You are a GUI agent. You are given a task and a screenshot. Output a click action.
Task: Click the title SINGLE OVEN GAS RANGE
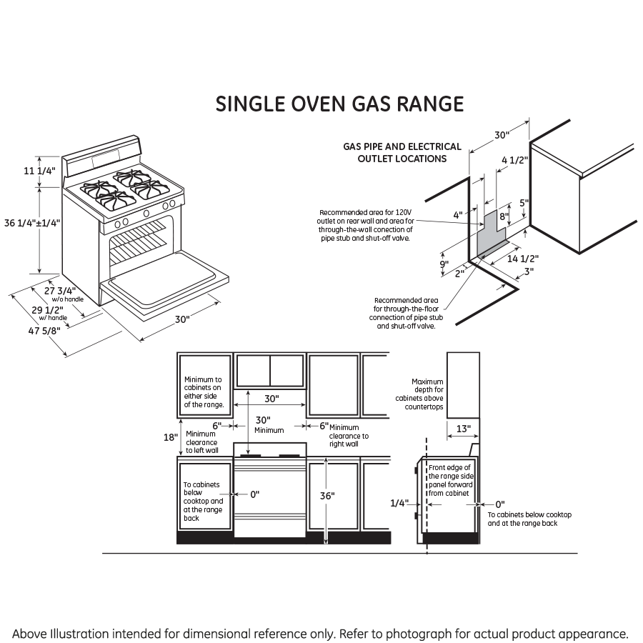pyautogui.click(x=339, y=104)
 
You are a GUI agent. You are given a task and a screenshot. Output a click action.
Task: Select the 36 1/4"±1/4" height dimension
pyautogui.click(x=32, y=223)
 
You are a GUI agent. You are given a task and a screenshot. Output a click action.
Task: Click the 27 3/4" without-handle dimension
pyautogui.click(x=60, y=291)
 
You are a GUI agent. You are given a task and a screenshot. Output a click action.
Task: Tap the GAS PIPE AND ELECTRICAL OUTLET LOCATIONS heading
pyautogui.click(x=402, y=152)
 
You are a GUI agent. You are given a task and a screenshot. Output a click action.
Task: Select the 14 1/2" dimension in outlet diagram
pyautogui.click(x=522, y=259)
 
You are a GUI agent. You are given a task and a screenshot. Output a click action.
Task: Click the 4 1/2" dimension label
pyautogui.click(x=514, y=161)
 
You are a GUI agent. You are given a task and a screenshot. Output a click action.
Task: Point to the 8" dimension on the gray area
pyautogui.click(x=503, y=216)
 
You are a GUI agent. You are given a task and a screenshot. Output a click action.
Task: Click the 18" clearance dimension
pyautogui.click(x=170, y=437)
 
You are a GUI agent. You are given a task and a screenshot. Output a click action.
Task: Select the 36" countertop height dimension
pyautogui.click(x=328, y=495)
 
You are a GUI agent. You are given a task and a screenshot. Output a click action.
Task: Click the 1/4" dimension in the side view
pyautogui.click(x=399, y=504)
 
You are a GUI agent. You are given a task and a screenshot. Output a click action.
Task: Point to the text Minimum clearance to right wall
pyautogui.click(x=349, y=436)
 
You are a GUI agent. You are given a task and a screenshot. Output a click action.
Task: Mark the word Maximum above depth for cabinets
pyautogui.click(x=427, y=382)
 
